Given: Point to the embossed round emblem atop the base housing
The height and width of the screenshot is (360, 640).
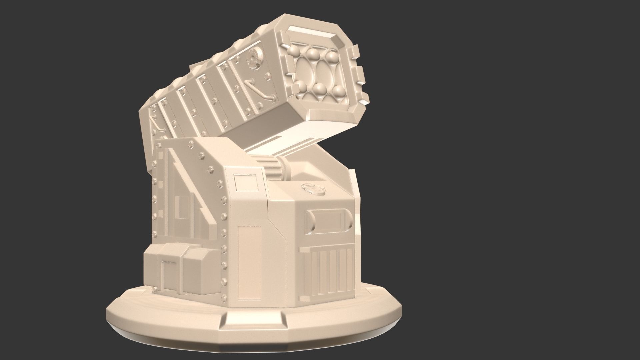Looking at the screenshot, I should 313,189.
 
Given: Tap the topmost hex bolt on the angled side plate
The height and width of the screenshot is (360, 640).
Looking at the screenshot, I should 191,144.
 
